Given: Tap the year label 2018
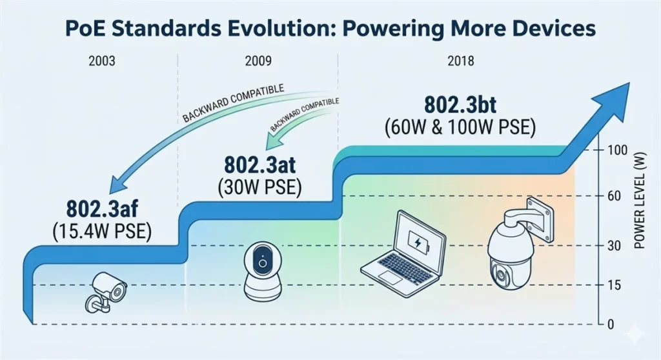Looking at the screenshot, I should pos(459,62).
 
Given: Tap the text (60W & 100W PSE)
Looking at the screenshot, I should pos(460,126).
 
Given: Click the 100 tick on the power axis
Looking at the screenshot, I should pos(618,150).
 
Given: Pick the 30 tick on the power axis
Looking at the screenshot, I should pos(615,246).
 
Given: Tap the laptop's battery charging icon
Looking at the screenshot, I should pos(417,245).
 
